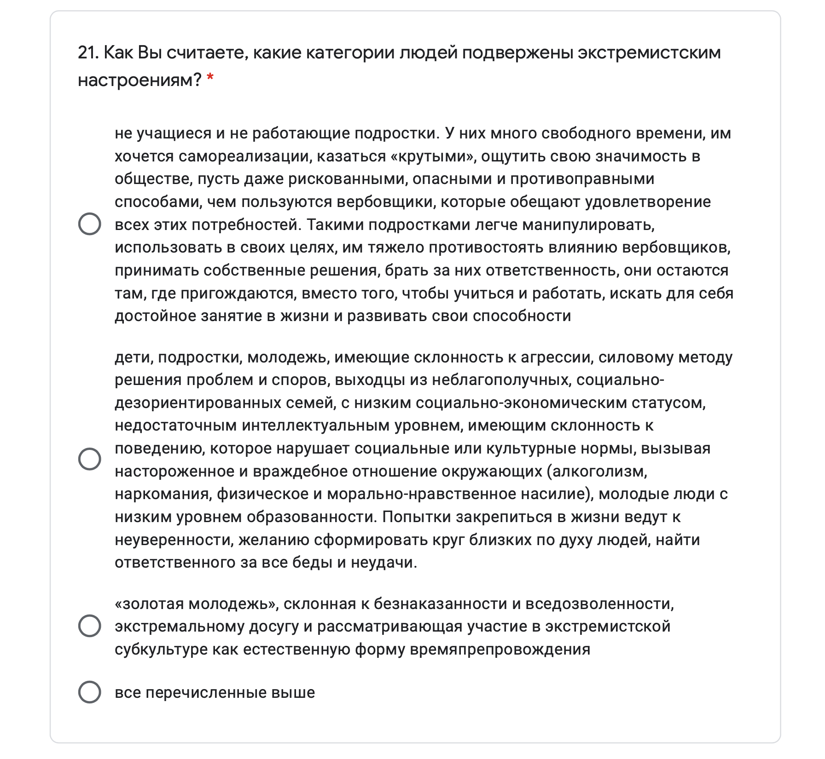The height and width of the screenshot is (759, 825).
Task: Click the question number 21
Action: (x=88, y=53)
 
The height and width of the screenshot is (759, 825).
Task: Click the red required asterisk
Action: (x=210, y=79)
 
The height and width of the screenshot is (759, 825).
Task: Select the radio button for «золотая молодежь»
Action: (x=90, y=626)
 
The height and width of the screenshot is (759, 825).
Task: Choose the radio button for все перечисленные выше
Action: (x=90, y=692)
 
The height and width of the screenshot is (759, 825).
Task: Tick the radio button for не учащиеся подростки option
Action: (x=90, y=224)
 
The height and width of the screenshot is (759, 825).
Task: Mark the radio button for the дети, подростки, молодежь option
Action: (x=90, y=459)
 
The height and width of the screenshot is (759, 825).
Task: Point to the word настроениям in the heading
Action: (x=139, y=80)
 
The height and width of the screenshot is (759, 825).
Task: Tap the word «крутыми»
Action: (x=433, y=156)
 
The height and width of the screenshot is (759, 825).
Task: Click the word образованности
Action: (x=312, y=517)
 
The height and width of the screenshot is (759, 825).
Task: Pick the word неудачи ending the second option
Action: (x=383, y=563)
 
